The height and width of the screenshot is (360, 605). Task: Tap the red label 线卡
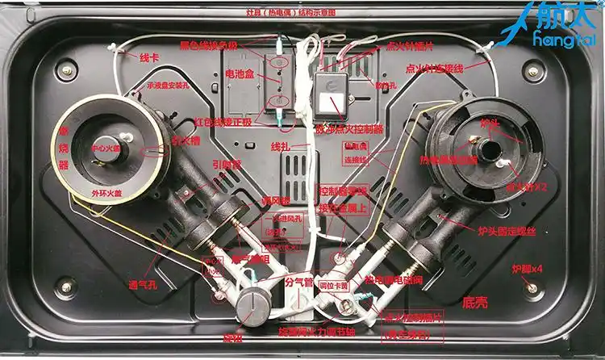pyautogui.click(x=149, y=58)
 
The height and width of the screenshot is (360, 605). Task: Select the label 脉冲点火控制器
pyautogui.click(x=349, y=128)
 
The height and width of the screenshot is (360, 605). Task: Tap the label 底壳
pyautogui.click(x=475, y=303)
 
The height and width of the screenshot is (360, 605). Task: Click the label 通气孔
pyautogui.click(x=140, y=283)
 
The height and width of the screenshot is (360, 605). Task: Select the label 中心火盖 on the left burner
pyautogui.click(x=106, y=149)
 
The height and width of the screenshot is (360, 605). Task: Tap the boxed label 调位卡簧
pyautogui.click(x=333, y=285)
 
